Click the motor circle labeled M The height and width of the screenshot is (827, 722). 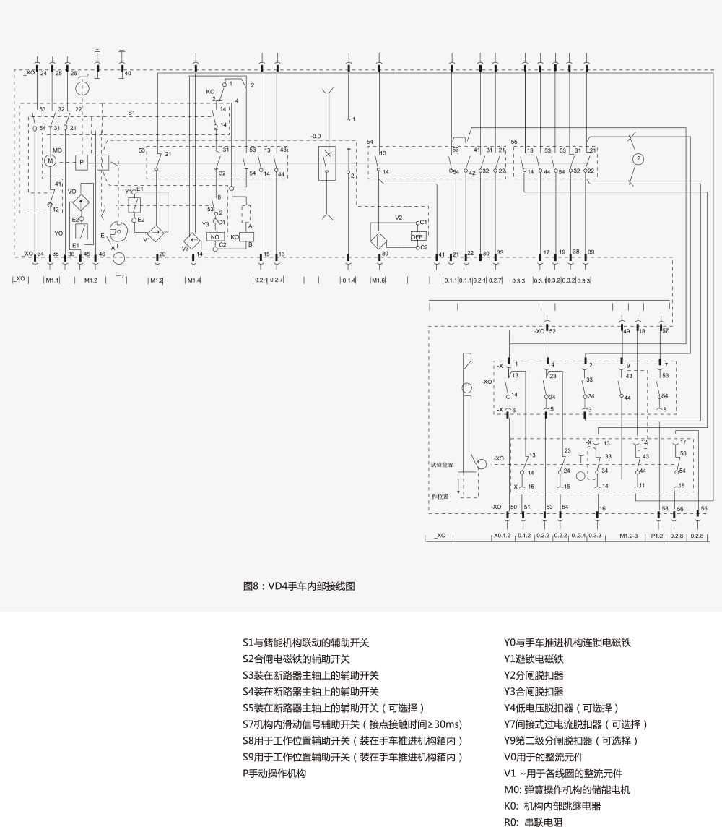click(51, 160)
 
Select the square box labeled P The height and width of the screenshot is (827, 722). click(82, 161)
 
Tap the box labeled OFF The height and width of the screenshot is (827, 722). click(417, 236)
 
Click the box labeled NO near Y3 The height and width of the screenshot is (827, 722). click(215, 236)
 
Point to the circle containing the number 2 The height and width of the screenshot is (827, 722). click(637, 158)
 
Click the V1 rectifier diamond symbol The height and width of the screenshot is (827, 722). click(154, 237)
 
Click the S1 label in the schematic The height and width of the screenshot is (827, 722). click(131, 113)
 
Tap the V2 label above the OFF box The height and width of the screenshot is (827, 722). click(398, 218)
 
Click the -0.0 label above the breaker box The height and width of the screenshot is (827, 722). click(316, 136)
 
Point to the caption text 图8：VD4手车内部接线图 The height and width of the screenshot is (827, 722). click(299, 587)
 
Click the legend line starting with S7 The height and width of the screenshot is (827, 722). click(352, 724)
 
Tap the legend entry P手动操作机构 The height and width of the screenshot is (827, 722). click(274, 774)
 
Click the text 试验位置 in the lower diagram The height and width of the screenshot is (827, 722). click(442, 466)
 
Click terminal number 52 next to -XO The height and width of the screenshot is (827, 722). click(552, 331)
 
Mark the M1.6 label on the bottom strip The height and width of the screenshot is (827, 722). click(378, 280)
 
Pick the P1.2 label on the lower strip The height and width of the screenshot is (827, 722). click(656, 536)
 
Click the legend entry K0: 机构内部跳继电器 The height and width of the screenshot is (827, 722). click(552, 806)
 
